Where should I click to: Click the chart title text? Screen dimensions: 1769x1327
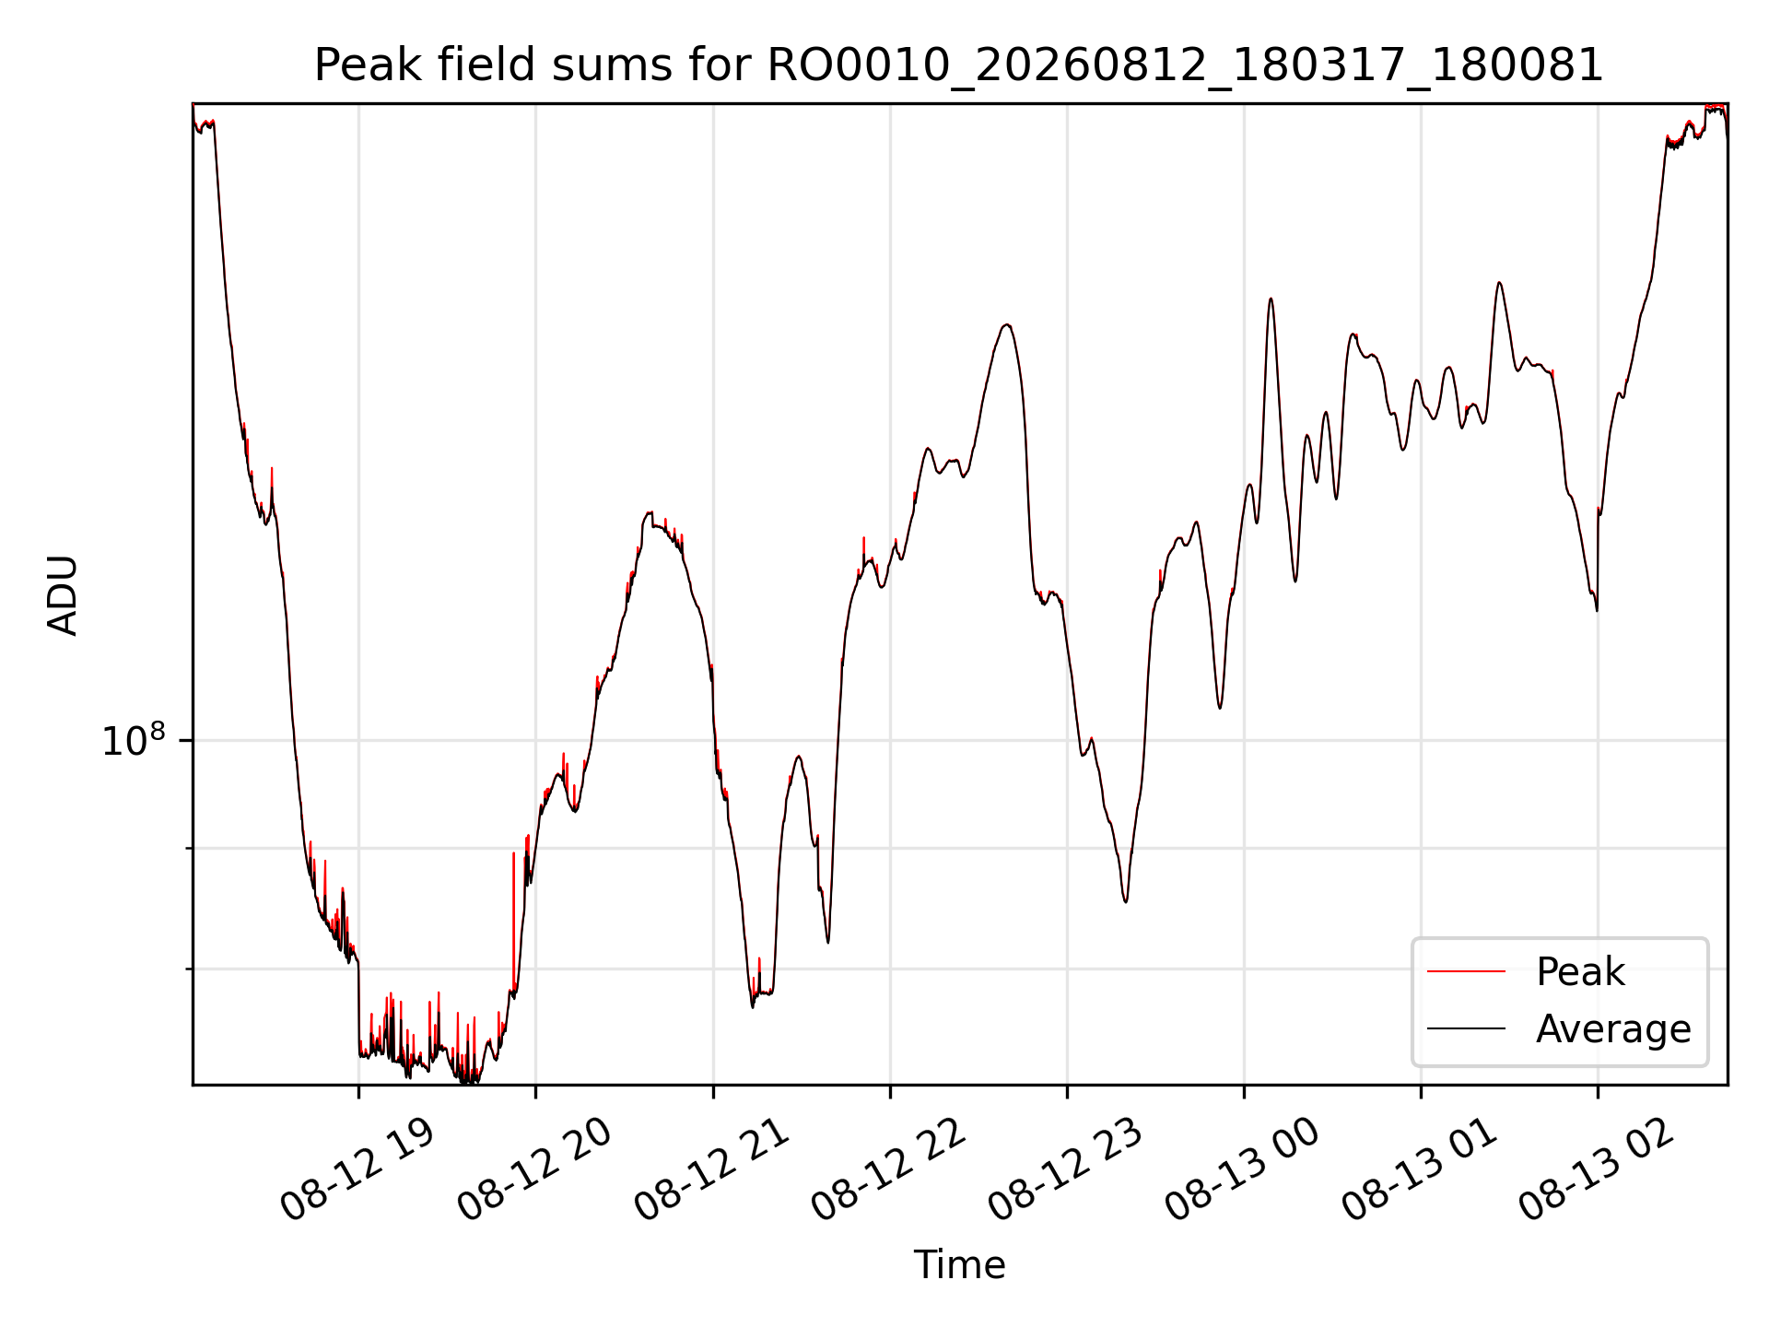coord(959,65)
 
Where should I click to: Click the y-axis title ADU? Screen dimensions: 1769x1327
coord(63,595)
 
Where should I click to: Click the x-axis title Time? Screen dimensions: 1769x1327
coord(959,1265)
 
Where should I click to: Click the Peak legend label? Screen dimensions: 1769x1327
coord(1580,972)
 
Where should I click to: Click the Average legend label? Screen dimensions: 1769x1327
coord(1613,1029)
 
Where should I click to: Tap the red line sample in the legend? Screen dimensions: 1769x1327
coord(1466,972)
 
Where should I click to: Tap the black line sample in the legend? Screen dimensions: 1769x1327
coord(1466,1028)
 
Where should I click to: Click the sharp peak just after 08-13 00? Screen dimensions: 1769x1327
coord(1271,299)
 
